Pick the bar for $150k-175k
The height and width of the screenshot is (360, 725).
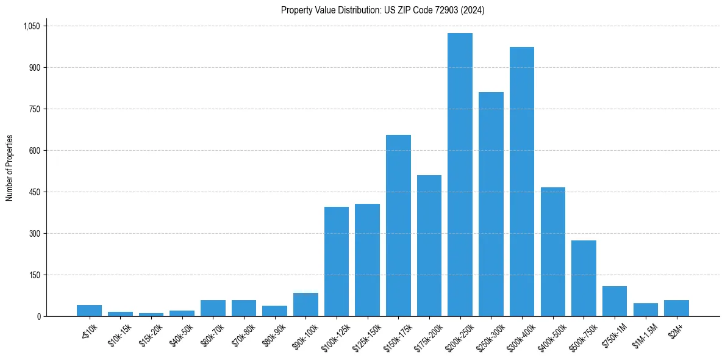click(398, 225)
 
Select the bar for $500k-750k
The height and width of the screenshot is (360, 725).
click(584, 278)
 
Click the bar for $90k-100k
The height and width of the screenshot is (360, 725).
click(305, 304)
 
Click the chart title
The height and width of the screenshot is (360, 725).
click(382, 10)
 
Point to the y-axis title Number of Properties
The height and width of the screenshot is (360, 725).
click(10, 168)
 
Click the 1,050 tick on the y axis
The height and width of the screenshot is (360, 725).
click(31, 26)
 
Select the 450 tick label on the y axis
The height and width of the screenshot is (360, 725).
click(34, 192)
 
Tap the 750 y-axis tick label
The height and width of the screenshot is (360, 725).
click(34, 109)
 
